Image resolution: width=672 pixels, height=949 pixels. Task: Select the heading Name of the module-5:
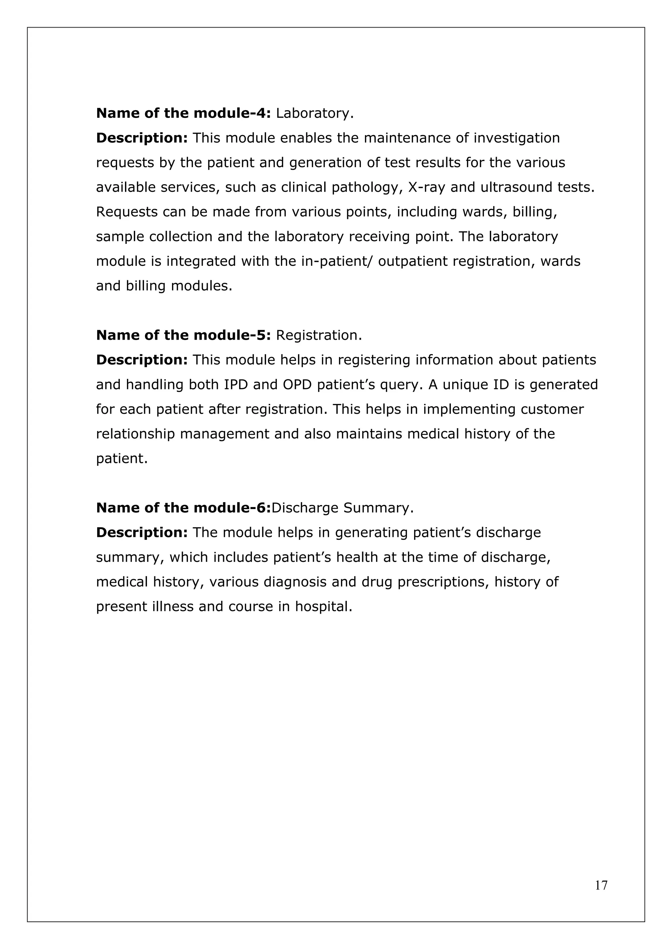183,335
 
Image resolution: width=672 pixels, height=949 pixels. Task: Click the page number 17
601,897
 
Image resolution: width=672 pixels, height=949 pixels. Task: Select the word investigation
516,138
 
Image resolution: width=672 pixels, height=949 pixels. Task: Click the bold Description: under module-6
142,532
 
